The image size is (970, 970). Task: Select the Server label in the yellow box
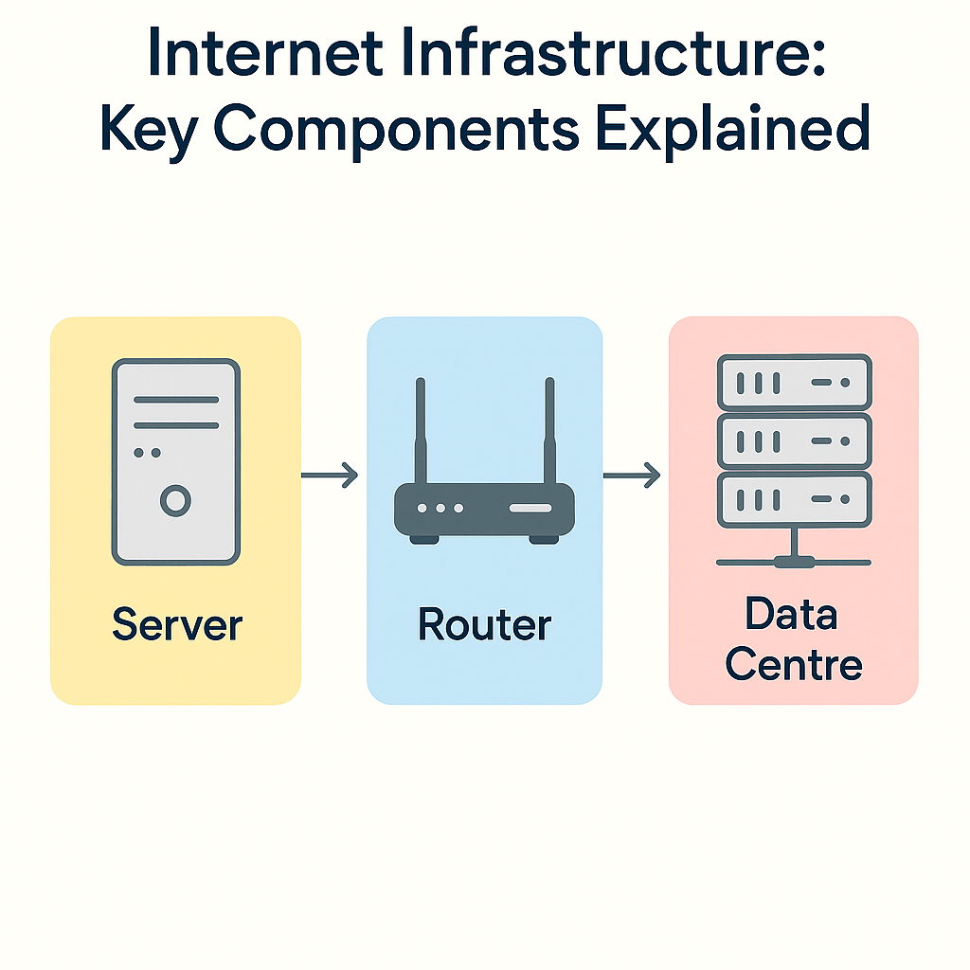(x=177, y=626)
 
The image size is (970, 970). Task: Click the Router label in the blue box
(x=484, y=626)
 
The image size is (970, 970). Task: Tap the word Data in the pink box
(x=792, y=616)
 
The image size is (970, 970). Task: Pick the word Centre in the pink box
(x=794, y=665)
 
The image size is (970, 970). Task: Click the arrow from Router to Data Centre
(x=633, y=475)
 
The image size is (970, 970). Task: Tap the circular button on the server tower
(x=175, y=500)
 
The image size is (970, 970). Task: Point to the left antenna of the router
(x=421, y=431)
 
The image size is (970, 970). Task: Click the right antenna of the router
(x=548, y=431)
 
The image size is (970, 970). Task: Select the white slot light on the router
(x=530, y=509)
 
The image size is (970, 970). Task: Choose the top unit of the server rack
(x=794, y=383)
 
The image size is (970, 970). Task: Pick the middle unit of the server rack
(x=794, y=440)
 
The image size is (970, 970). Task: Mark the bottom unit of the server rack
(x=794, y=499)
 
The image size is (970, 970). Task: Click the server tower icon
(x=175, y=461)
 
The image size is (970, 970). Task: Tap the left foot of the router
(x=424, y=538)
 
